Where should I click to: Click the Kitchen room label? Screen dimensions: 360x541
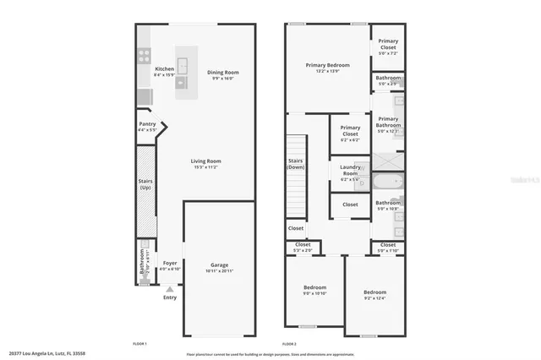[164, 69]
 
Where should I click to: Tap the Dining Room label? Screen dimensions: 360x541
[223, 73]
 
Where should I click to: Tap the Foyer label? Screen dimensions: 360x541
[170, 263]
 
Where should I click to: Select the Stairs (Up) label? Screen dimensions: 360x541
[145, 183]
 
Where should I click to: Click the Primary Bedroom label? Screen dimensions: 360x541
[327, 65]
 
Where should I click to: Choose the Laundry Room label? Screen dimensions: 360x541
[349, 172]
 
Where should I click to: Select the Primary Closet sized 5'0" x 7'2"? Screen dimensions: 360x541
[388, 44]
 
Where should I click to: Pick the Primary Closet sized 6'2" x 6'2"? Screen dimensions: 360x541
[349, 132]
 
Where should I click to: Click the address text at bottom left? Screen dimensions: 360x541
[47, 354]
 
